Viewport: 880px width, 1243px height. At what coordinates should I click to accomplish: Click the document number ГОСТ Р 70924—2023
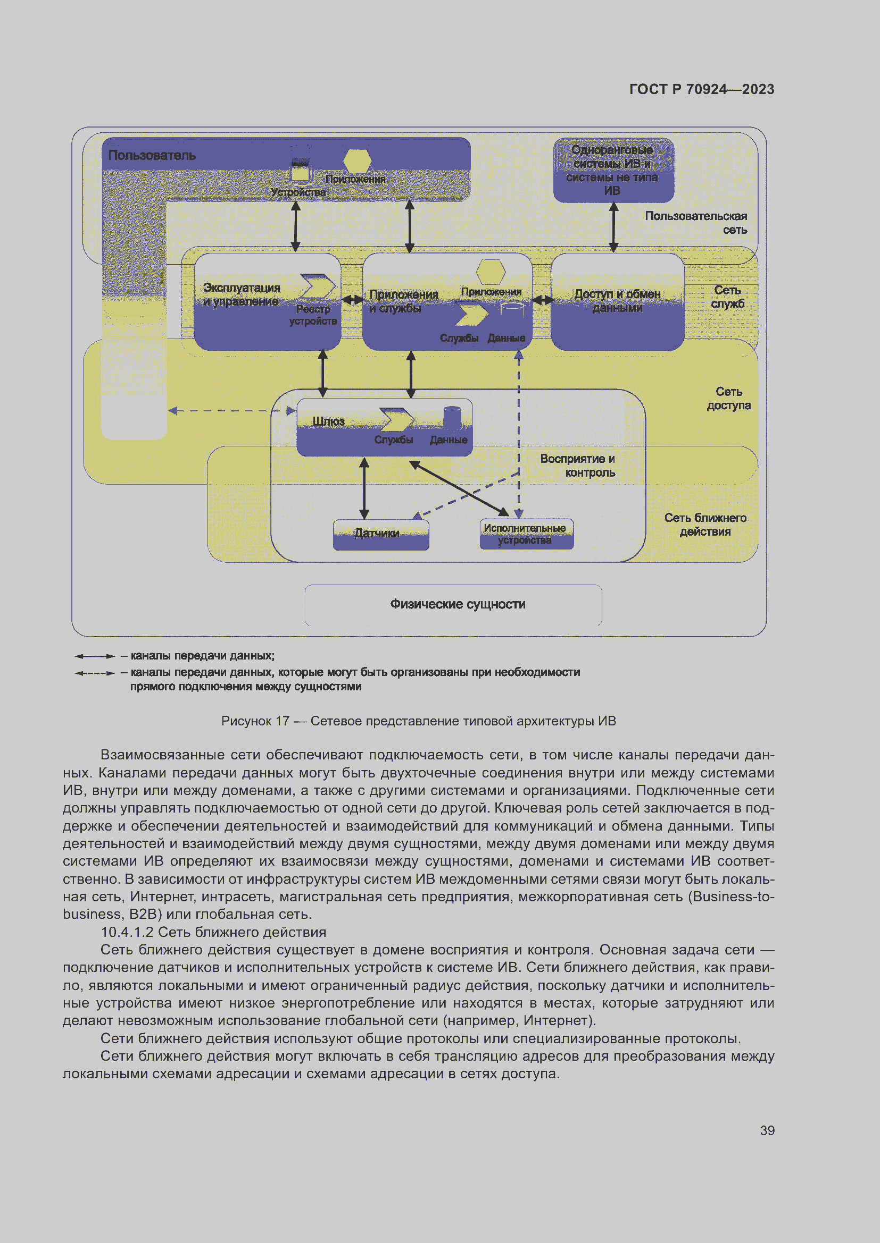pyautogui.click(x=701, y=89)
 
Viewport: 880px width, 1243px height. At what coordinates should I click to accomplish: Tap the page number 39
pyautogui.click(x=767, y=1130)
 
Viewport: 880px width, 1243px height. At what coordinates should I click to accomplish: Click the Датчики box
pyautogui.click(x=380, y=534)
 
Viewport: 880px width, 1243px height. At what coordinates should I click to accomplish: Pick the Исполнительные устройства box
pyautogui.click(x=526, y=534)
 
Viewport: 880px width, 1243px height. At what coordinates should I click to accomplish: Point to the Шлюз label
pyautogui.click(x=328, y=421)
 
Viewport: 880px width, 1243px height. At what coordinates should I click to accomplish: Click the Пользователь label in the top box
pyautogui.click(x=152, y=155)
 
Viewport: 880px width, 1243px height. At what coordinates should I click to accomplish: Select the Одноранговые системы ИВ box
pyautogui.click(x=613, y=170)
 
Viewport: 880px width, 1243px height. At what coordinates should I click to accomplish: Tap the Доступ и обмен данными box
pyautogui.click(x=617, y=301)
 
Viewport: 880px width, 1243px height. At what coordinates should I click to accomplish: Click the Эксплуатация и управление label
pyautogui.click(x=241, y=294)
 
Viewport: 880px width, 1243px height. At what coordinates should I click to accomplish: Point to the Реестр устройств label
pyautogui.click(x=313, y=315)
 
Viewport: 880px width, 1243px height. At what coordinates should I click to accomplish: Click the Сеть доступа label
pyautogui.click(x=728, y=399)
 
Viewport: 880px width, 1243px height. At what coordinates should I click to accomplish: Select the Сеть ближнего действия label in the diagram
pyautogui.click(x=705, y=525)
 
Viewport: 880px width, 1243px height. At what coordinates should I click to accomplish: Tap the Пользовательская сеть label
pyautogui.click(x=696, y=223)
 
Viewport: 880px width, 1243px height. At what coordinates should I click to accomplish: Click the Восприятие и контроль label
pyautogui.click(x=578, y=466)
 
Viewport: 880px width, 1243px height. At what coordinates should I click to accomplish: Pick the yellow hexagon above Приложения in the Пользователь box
pyautogui.click(x=357, y=160)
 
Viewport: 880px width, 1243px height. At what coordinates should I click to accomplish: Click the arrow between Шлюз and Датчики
pyautogui.click(x=364, y=488)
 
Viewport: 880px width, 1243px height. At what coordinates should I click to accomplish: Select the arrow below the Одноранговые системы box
pyautogui.click(x=613, y=227)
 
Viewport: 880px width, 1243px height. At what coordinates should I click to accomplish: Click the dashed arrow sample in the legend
pyautogui.click(x=95, y=673)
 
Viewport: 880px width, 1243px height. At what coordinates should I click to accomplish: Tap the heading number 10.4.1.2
pyautogui.click(x=127, y=932)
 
